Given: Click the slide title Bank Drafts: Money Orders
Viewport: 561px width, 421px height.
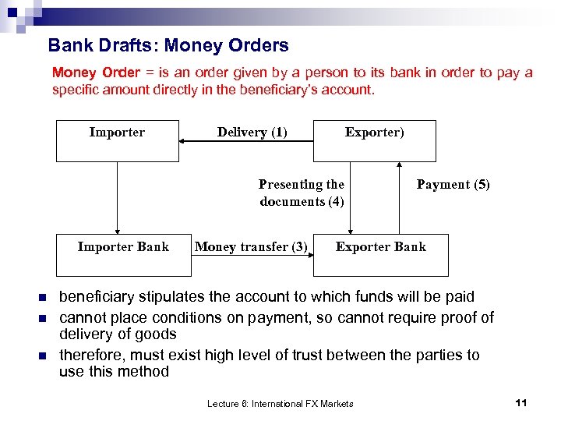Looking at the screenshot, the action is coord(168,46).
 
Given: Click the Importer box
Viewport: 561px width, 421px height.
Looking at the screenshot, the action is coord(117,140).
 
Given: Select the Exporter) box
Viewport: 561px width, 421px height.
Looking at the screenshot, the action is coord(374,140).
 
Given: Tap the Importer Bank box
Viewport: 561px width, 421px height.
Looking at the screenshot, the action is coord(123,254).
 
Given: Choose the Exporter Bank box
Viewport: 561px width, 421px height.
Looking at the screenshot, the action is coord(380,254).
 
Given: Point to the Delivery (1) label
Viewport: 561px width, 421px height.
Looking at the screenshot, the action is coord(252,133).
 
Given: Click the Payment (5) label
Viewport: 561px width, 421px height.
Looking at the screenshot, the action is coord(453,185).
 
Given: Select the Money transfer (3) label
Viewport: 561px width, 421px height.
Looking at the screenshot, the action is coord(251,247).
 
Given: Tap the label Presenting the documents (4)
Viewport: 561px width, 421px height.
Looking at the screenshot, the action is coord(302,193).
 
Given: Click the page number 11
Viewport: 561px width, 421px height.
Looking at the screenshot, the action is coord(521,402).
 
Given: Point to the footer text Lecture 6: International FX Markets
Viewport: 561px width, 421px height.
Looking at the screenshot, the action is coord(280,403).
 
